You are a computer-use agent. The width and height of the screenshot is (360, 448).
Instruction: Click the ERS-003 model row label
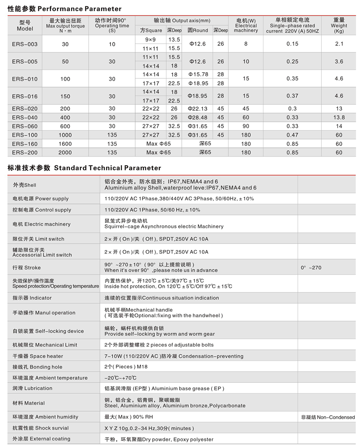[25, 44]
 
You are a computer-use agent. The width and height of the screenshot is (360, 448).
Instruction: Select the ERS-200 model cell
[25, 152]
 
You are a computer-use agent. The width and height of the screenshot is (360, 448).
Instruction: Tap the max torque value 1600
[65, 144]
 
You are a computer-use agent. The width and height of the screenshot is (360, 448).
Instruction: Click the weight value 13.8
[339, 117]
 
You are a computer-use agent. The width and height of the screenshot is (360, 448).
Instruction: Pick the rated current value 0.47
[292, 135]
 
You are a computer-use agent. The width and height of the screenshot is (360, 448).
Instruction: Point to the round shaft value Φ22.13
[198, 109]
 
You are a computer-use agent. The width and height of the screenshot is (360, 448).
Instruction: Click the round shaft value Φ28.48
[198, 117]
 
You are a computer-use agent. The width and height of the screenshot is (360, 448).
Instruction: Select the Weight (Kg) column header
[339, 25]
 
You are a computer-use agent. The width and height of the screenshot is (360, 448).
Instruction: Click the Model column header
[25, 25]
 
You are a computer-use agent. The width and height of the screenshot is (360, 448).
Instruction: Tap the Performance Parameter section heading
[64, 8]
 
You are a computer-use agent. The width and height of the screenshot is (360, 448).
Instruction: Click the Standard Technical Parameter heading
[84, 168]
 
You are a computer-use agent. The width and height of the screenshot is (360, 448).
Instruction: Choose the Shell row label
[24, 185]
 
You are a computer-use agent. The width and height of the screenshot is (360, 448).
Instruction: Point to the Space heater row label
[37, 356]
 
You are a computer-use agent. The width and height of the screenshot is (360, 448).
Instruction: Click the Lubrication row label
[32, 388]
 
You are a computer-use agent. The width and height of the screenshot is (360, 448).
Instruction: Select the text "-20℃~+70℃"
[120, 378]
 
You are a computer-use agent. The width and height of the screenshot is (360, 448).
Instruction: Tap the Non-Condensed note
[328, 417]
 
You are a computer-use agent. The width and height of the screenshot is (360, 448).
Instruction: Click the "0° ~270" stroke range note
[311, 267]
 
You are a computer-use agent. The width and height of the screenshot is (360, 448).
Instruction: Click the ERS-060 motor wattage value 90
[246, 126]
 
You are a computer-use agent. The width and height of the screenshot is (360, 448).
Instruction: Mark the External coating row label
[41, 439]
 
